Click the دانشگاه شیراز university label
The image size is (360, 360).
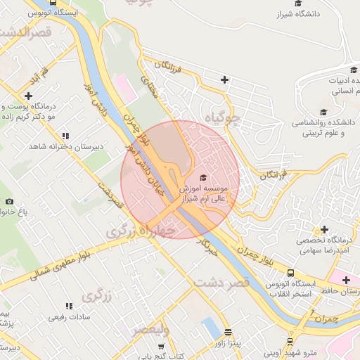pyautogui.click(x=298, y=14)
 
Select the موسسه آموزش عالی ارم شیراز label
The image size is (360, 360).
pyautogui.click(x=204, y=195)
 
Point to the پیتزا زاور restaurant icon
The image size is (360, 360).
pyautogui.click(x=227, y=332)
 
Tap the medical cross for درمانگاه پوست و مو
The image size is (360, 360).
pyautogui.click(x=28, y=96)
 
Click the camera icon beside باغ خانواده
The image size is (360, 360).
pyautogui.click(x=9, y=202)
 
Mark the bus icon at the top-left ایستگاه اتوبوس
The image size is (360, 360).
pyautogui.click(x=53, y=2)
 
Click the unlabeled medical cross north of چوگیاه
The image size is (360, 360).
pyautogui.click(x=224, y=79)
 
